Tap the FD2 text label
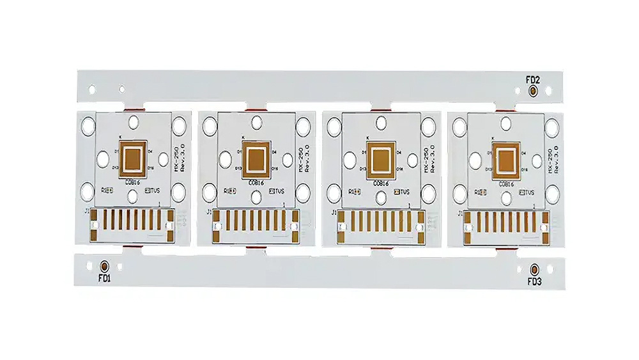(x=533, y=80)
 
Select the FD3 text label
(x=534, y=281)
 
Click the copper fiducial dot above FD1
(x=104, y=266)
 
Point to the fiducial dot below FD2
(x=533, y=92)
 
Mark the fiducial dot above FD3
(x=534, y=269)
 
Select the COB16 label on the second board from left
(x=258, y=183)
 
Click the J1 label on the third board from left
(x=333, y=212)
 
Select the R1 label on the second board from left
(x=226, y=191)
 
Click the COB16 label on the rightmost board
(x=506, y=184)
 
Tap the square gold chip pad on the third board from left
(x=382, y=158)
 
